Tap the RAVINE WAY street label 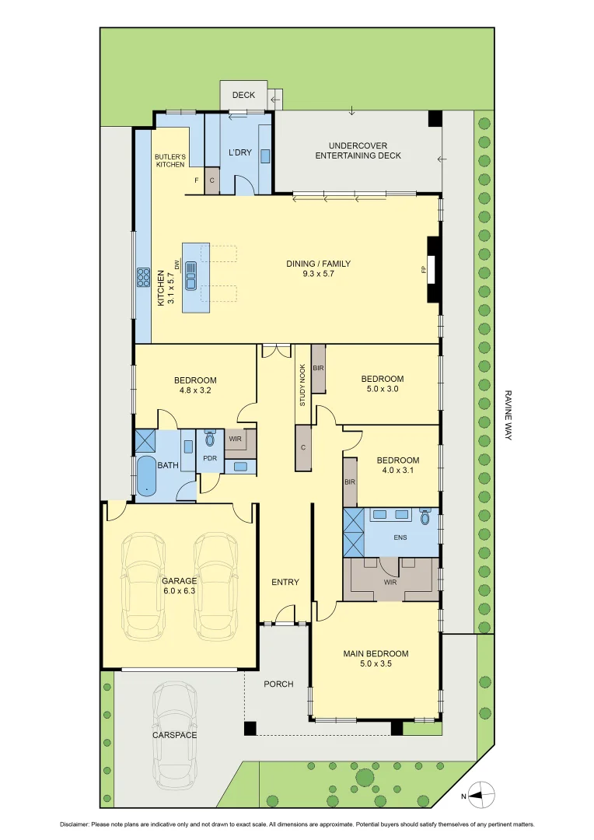(x=507, y=415)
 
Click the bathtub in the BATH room (x=146, y=476)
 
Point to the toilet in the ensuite (x=425, y=517)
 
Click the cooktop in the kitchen (x=144, y=277)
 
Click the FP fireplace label (x=424, y=270)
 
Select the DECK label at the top (x=243, y=95)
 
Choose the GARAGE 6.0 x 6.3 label (x=179, y=586)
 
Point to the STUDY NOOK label (x=302, y=386)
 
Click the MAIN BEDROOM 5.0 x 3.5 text (x=376, y=659)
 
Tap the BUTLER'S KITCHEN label (x=170, y=160)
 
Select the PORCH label (x=278, y=684)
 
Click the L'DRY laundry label (x=239, y=152)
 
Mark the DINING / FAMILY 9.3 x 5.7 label (x=318, y=268)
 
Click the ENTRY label (x=285, y=582)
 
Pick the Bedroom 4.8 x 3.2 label (x=194, y=386)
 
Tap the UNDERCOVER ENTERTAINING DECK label (x=358, y=151)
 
